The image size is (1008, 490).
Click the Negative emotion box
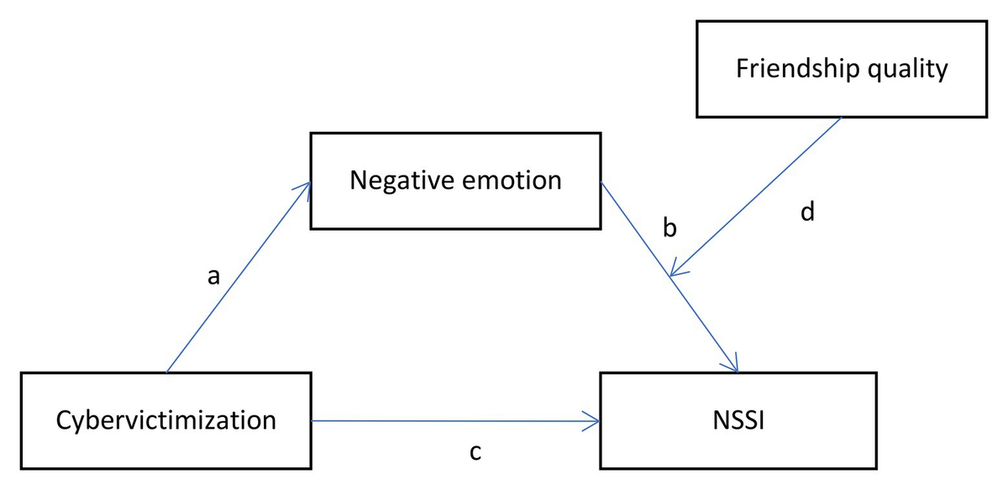[x=455, y=180]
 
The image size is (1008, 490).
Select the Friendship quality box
[x=841, y=69]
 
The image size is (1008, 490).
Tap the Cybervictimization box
[x=165, y=420]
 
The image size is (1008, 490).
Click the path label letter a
[x=213, y=278]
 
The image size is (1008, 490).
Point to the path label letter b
[x=669, y=227]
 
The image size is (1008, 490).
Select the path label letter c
[x=475, y=454]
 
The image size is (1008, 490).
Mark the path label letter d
[x=806, y=213]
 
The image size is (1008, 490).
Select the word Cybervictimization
[x=165, y=420]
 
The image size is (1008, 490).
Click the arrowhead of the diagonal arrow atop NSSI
[x=733, y=366]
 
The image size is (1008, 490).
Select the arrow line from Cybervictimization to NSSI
[x=454, y=420]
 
